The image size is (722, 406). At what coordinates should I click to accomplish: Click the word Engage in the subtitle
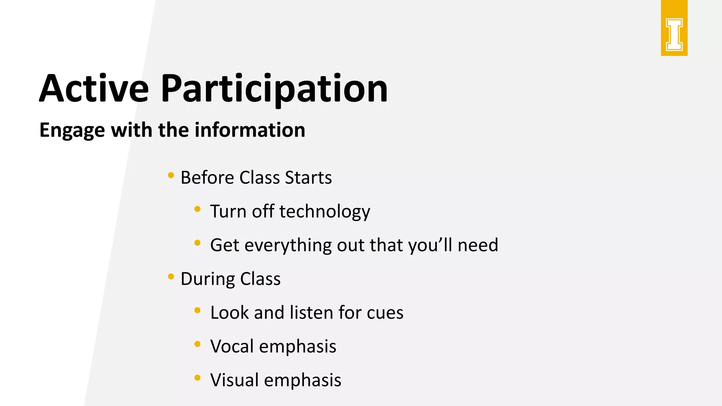72,130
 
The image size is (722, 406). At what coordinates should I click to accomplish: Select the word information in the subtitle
250,130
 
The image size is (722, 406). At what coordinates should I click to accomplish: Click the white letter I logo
674,35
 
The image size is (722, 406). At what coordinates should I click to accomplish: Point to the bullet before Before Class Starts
171,175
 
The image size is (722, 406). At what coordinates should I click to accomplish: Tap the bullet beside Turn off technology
197,209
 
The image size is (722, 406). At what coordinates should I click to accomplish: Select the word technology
325,211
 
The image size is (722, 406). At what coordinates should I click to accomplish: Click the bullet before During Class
171,277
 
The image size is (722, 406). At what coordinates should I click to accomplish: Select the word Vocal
232,346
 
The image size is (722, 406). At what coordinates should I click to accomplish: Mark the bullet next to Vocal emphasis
197,344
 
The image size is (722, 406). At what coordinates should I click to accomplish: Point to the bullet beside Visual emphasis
197,378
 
